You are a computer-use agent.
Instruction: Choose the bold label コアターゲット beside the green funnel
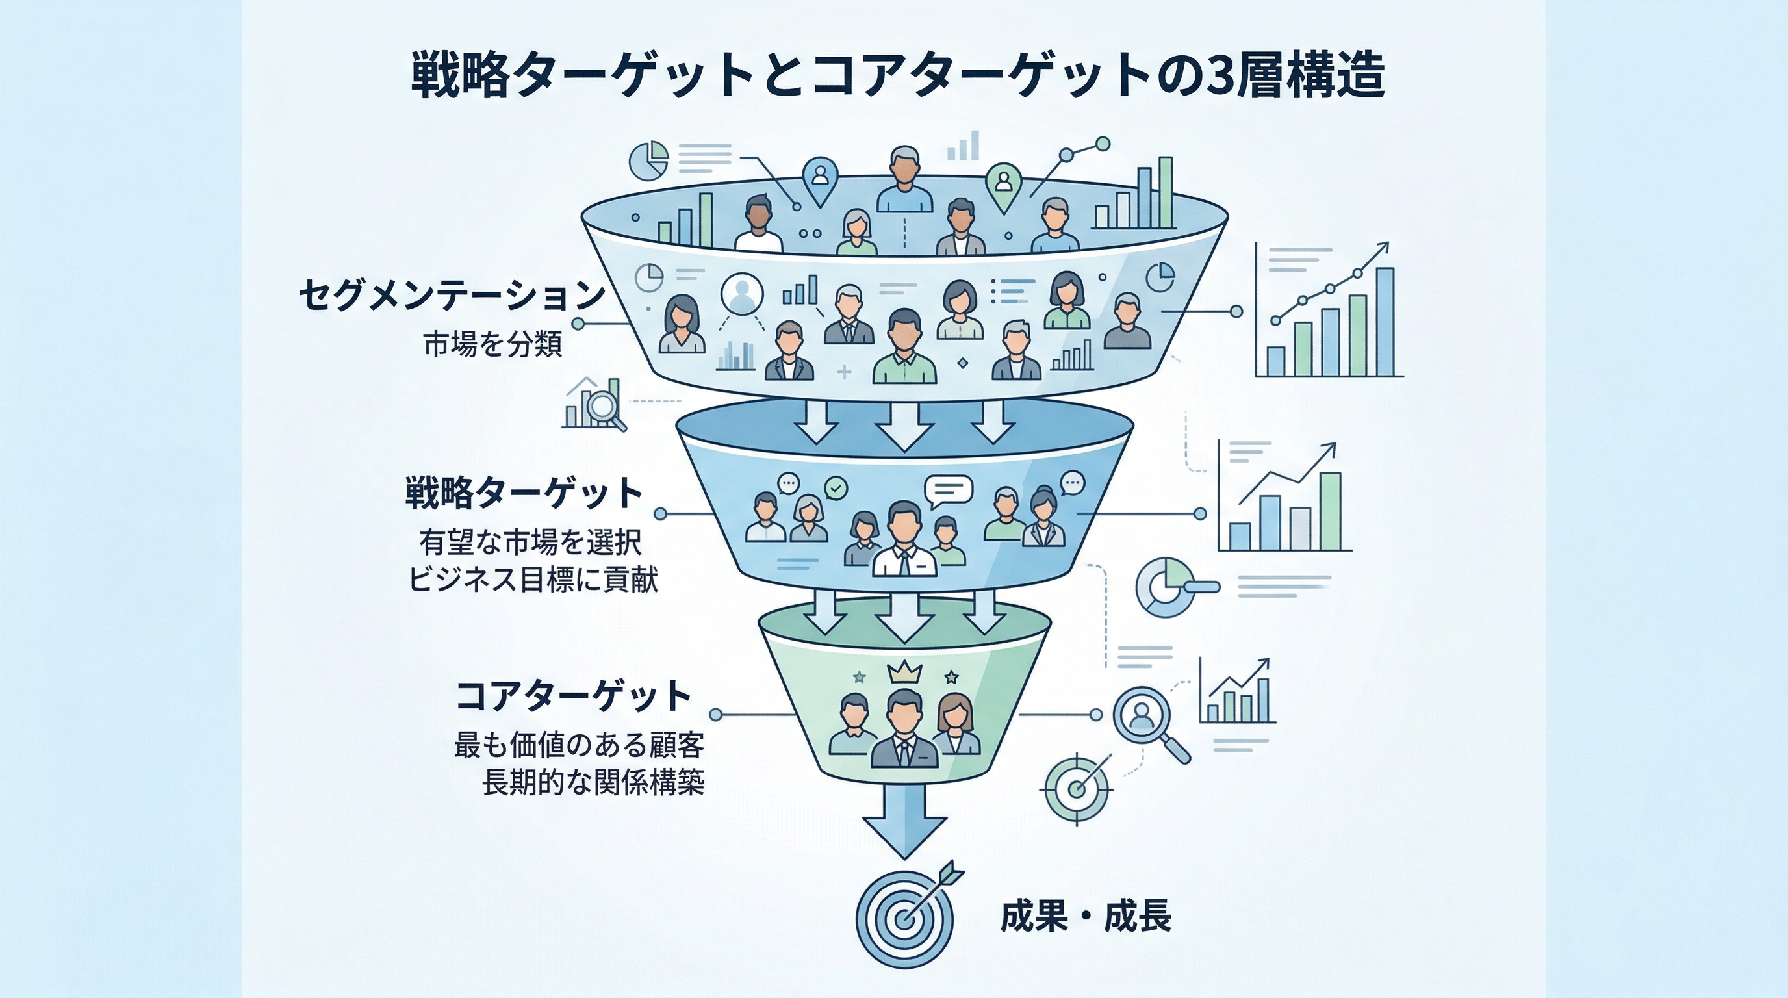573,696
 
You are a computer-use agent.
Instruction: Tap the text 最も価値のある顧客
580,745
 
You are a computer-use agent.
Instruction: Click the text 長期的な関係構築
593,783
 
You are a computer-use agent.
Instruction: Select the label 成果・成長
1086,916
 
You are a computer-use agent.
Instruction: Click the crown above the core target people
904,672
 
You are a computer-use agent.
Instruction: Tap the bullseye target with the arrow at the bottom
904,917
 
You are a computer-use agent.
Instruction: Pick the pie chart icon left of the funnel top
648,160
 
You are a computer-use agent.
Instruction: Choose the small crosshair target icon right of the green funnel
1077,788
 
